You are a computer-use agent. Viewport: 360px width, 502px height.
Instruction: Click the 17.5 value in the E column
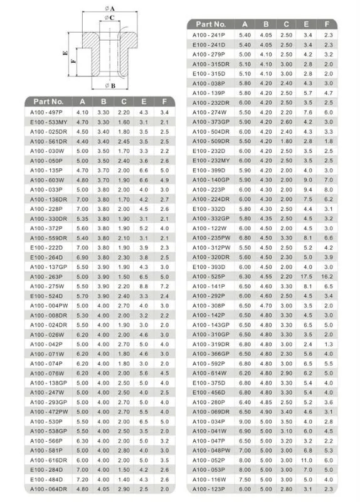click(x=307, y=276)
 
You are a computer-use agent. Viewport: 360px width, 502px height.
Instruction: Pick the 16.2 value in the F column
click(x=328, y=276)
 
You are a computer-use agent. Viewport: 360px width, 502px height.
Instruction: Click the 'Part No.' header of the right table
click(x=211, y=24)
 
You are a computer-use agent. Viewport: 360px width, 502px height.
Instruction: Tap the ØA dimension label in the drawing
click(x=109, y=8)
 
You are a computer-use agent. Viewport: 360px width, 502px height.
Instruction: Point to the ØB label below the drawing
click(x=110, y=86)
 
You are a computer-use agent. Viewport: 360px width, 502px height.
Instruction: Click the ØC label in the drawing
click(x=109, y=18)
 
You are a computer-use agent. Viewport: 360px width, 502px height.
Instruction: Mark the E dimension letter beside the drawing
click(x=65, y=54)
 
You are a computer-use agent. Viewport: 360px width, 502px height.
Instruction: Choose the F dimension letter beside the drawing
click(x=74, y=61)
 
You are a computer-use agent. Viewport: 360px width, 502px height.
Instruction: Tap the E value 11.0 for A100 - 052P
click(x=307, y=459)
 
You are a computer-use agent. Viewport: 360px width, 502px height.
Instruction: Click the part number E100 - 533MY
click(x=45, y=122)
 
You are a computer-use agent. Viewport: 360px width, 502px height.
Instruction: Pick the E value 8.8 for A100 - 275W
click(x=144, y=286)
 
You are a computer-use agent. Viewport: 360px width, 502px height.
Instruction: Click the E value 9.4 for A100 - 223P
click(x=307, y=189)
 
